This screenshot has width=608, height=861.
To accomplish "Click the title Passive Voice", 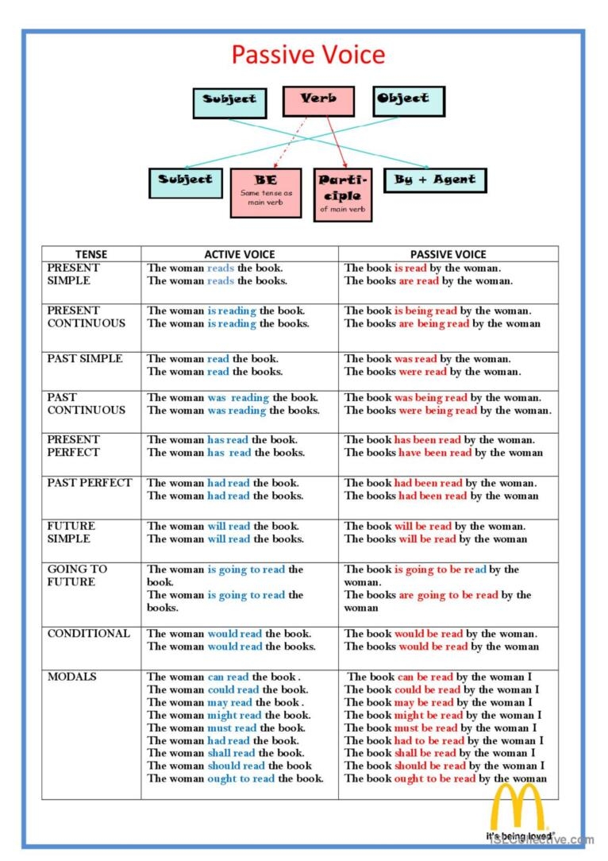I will click(308, 55).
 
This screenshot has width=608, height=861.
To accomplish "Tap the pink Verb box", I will click(318, 101).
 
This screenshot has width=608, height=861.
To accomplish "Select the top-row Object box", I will click(408, 101).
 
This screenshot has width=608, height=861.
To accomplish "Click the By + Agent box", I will click(435, 180).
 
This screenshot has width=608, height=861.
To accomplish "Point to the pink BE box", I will click(265, 191).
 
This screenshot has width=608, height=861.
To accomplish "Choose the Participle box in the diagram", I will click(342, 194).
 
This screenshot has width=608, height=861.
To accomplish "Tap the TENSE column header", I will click(91, 254).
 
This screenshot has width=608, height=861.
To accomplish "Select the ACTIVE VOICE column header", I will click(240, 254).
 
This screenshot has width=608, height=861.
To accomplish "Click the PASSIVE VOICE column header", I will click(448, 254).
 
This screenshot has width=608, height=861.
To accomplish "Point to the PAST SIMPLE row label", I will click(85, 359).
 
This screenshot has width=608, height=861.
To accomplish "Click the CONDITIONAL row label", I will click(88, 634).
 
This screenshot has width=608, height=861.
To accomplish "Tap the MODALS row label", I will click(71, 677).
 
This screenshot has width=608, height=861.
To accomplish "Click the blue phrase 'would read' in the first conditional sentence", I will click(234, 634).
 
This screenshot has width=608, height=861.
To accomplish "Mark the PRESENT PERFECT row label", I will click(74, 446).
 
